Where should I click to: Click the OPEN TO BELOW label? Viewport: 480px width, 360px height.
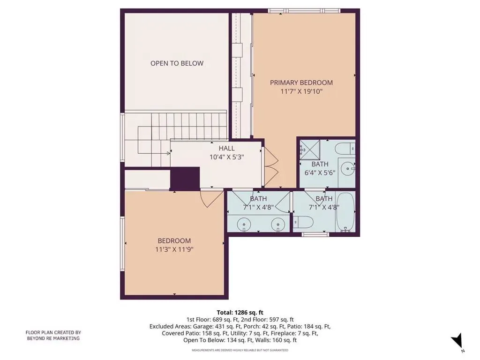(177, 63)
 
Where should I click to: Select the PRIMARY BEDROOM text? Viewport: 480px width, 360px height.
(301, 82)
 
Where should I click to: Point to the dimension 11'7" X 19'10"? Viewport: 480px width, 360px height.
(301, 91)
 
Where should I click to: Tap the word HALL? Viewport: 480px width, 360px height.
(226, 149)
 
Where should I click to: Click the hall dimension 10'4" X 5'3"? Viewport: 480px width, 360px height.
(226, 157)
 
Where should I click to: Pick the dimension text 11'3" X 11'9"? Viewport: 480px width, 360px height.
(174, 249)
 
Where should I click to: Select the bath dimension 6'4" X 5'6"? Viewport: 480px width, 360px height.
(320, 172)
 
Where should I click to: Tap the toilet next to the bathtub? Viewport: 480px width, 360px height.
(303, 222)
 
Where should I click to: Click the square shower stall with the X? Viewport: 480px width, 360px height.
(310, 150)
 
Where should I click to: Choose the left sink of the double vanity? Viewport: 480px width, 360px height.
(244, 224)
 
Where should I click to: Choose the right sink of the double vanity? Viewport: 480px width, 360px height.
(278, 224)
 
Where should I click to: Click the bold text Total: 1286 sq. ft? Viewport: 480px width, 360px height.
(240, 313)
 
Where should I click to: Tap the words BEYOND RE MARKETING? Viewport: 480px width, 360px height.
(53, 338)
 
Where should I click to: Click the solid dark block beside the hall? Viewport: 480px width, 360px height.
(185, 178)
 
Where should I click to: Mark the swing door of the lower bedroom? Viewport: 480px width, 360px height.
(211, 199)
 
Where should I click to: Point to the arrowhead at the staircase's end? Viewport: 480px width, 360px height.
(168, 153)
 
